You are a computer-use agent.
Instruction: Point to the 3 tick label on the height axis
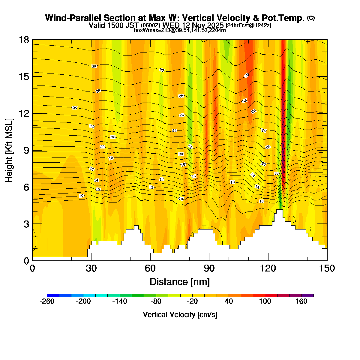26,224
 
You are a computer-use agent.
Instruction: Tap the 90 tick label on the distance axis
209,268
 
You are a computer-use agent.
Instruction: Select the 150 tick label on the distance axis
327,268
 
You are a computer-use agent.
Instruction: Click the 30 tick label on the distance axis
91,268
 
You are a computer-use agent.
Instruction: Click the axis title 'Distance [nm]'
180,282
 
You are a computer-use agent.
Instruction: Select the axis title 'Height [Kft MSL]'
9,150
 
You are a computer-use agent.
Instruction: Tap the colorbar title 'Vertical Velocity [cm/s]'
180,315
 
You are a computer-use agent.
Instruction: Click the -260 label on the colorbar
47,301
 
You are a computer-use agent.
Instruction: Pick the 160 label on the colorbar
301,301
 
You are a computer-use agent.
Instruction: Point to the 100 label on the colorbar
265,301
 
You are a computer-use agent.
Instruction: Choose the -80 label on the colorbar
156,301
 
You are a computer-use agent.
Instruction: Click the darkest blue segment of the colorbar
53,295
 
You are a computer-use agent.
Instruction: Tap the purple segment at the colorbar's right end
307,295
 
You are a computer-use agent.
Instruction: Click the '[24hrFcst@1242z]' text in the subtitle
248,25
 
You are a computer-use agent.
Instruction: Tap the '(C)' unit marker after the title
311,18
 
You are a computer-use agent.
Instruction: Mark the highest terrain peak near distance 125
279,210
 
